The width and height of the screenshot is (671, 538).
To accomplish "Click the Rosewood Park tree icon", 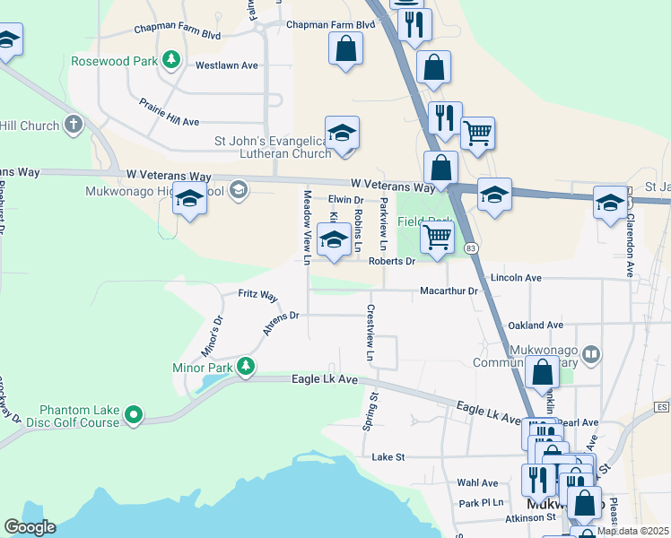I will [170, 61].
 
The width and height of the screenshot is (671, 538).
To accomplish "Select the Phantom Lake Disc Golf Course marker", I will [134, 414].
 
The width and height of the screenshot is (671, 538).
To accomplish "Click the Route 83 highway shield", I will [472, 247].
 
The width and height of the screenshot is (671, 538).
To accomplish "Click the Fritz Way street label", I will [257, 295].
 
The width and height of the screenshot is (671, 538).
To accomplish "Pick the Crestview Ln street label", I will [369, 334].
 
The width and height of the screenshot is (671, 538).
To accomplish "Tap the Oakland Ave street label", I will [535, 325].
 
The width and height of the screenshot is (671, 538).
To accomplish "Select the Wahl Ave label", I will [477, 482].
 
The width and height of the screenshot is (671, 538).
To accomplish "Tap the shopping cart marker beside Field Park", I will [437, 238].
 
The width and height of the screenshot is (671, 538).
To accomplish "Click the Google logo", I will [30, 527].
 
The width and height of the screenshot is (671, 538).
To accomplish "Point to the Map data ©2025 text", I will [632, 531].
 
